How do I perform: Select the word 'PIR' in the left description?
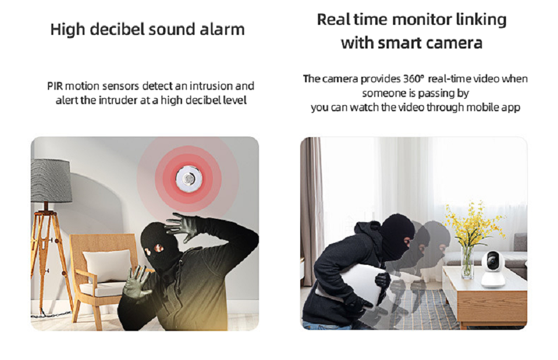pyautogui.click(x=55, y=86)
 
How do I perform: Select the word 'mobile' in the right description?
pyautogui.click(x=482, y=108)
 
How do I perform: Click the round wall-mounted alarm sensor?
pyautogui.click(x=189, y=177)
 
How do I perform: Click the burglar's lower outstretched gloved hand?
pyautogui.click(x=137, y=282)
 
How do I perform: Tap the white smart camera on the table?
pyautogui.click(x=493, y=269)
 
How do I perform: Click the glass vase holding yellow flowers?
pyautogui.click(x=467, y=262)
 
